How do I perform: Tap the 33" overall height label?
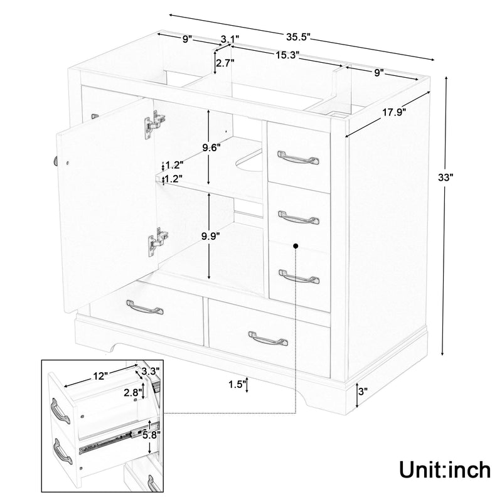(x=445, y=178)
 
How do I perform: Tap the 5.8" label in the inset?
(x=151, y=434)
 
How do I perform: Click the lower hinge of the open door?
(x=158, y=240)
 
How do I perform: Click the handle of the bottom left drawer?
(x=146, y=308)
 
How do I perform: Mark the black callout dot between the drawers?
(x=295, y=247)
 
